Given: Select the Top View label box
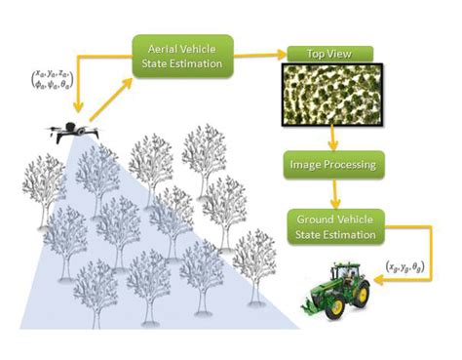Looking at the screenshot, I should pyautogui.click(x=331, y=55).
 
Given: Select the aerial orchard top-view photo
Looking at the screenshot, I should pyautogui.click(x=331, y=94).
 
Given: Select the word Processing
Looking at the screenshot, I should pyautogui.click(x=345, y=165).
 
